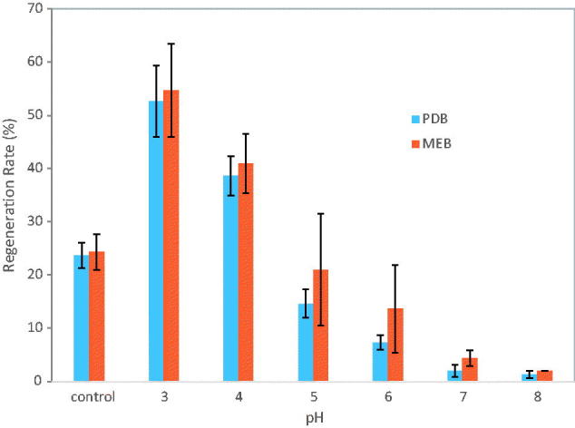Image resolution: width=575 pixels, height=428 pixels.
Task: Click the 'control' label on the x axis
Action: (x=89, y=395)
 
